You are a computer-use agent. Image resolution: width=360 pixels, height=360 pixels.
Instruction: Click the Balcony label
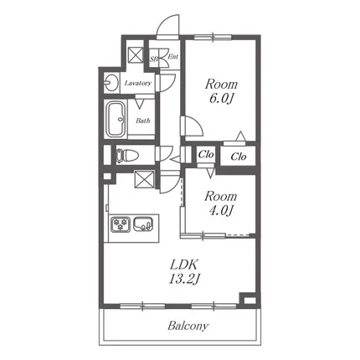tap(188, 326)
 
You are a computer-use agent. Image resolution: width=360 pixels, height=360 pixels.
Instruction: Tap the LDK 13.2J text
tap(184, 271)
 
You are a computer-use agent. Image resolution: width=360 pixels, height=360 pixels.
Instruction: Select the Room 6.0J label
tap(221, 91)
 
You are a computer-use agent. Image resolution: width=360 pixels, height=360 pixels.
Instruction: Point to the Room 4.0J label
tap(221, 203)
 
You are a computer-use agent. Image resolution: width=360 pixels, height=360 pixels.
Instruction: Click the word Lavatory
tap(138, 83)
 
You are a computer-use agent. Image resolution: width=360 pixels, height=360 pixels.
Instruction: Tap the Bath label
tap(143, 121)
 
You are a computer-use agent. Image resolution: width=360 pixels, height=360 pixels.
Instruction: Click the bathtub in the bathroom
tap(116, 119)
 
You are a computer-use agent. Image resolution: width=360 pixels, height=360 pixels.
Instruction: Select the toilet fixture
tap(126, 155)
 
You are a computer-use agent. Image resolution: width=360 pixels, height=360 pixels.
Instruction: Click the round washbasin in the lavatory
tap(111, 83)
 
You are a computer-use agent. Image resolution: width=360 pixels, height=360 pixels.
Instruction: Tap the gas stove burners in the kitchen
tap(121, 224)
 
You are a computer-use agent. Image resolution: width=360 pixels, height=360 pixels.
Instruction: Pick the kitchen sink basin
tap(143, 224)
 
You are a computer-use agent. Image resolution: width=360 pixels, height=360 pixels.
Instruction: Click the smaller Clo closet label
tap(206, 155)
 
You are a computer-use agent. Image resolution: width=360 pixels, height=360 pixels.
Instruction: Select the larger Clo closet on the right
tap(239, 157)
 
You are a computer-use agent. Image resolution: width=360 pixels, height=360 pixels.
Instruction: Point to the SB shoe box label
tap(154, 59)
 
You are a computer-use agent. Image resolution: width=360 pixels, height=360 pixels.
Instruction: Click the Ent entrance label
tap(173, 57)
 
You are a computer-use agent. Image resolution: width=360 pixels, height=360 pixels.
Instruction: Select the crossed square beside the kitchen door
tap(144, 179)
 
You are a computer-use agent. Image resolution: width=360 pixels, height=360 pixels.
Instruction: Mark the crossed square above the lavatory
tap(136, 54)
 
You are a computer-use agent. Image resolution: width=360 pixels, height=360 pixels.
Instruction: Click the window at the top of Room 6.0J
tap(213, 37)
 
